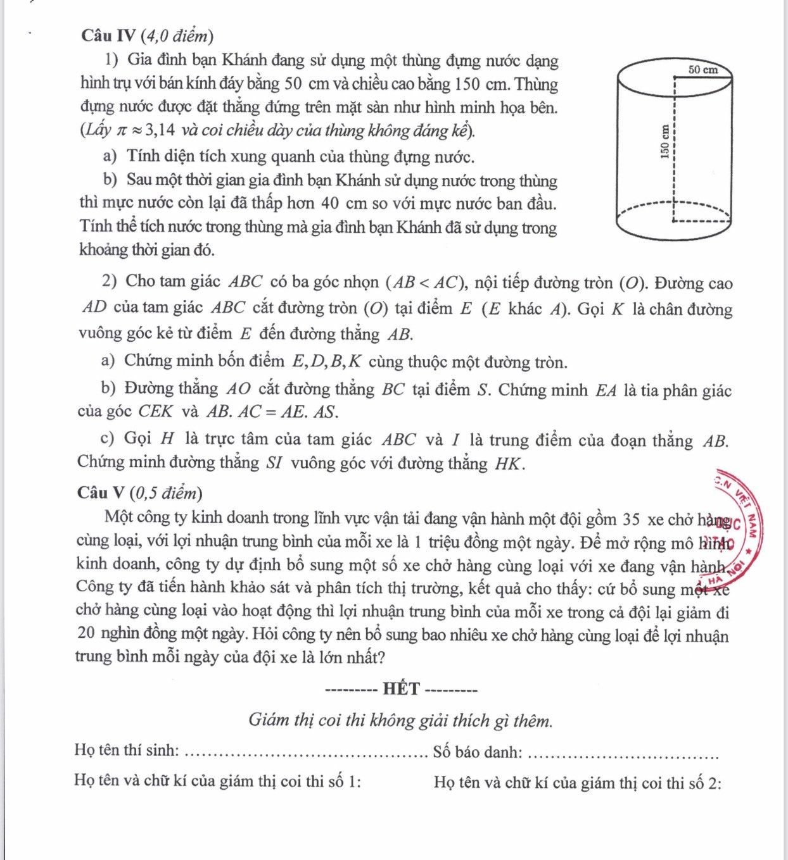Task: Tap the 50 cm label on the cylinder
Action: (702, 70)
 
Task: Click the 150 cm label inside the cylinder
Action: (664, 141)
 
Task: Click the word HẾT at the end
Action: (401, 689)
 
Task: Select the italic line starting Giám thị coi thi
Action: (400, 721)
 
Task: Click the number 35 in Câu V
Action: (631, 520)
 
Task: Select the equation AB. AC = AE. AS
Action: (272, 413)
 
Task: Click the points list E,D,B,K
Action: (326, 362)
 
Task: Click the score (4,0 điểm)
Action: (177, 35)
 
